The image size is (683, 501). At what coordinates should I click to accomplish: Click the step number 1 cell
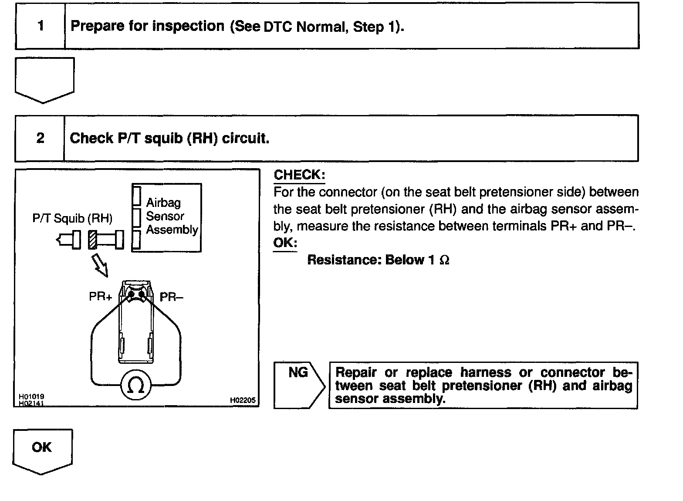click(x=41, y=26)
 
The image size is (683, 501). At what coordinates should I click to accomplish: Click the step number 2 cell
click(x=40, y=138)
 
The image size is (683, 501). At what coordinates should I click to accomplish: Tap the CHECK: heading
click(x=299, y=175)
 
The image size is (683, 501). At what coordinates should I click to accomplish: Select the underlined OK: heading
click(x=285, y=243)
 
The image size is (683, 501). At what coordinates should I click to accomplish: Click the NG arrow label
click(x=298, y=373)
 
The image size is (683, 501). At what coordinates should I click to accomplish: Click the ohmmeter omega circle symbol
click(x=136, y=385)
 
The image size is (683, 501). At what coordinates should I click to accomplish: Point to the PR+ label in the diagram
click(x=100, y=297)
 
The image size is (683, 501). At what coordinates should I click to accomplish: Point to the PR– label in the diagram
click(x=172, y=297)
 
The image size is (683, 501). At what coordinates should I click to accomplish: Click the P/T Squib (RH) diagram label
click(x=72, y=218)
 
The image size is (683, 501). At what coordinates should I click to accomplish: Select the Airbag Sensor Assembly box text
click(x=172, y=216)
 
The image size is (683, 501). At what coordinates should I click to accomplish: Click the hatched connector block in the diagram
click(x=92, y=240)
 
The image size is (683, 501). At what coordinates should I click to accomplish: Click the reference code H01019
click(x=31, y=397)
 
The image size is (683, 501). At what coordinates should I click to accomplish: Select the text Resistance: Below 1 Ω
click(x=378, y=260)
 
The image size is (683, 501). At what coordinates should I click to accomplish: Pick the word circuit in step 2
click(x=245, y=138)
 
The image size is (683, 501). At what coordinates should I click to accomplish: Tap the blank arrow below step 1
click(x=44, y=79)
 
